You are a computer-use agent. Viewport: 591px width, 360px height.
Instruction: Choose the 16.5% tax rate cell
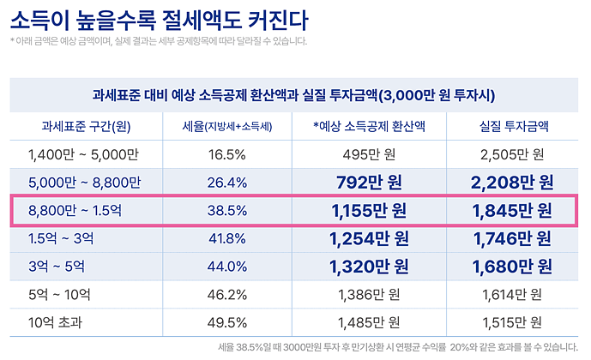[x=227, y=154]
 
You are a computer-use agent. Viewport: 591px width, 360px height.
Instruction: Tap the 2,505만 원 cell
[x=513, y=154]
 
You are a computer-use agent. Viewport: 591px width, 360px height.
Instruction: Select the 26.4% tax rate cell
[x=227, y=182]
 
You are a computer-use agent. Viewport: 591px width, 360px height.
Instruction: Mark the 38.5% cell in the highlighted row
[x=227, y=210]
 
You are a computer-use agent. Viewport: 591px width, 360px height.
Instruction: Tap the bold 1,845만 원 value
[x=513, y=210]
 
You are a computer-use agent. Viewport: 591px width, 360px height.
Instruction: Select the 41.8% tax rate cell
[x=227, y=238]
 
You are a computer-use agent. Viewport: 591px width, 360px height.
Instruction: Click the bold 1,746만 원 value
[x=513, y=238]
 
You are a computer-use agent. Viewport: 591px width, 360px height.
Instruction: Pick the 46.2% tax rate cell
[x=227, y=294]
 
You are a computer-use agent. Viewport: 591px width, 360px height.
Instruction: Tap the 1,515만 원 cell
[x=513, y=322]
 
